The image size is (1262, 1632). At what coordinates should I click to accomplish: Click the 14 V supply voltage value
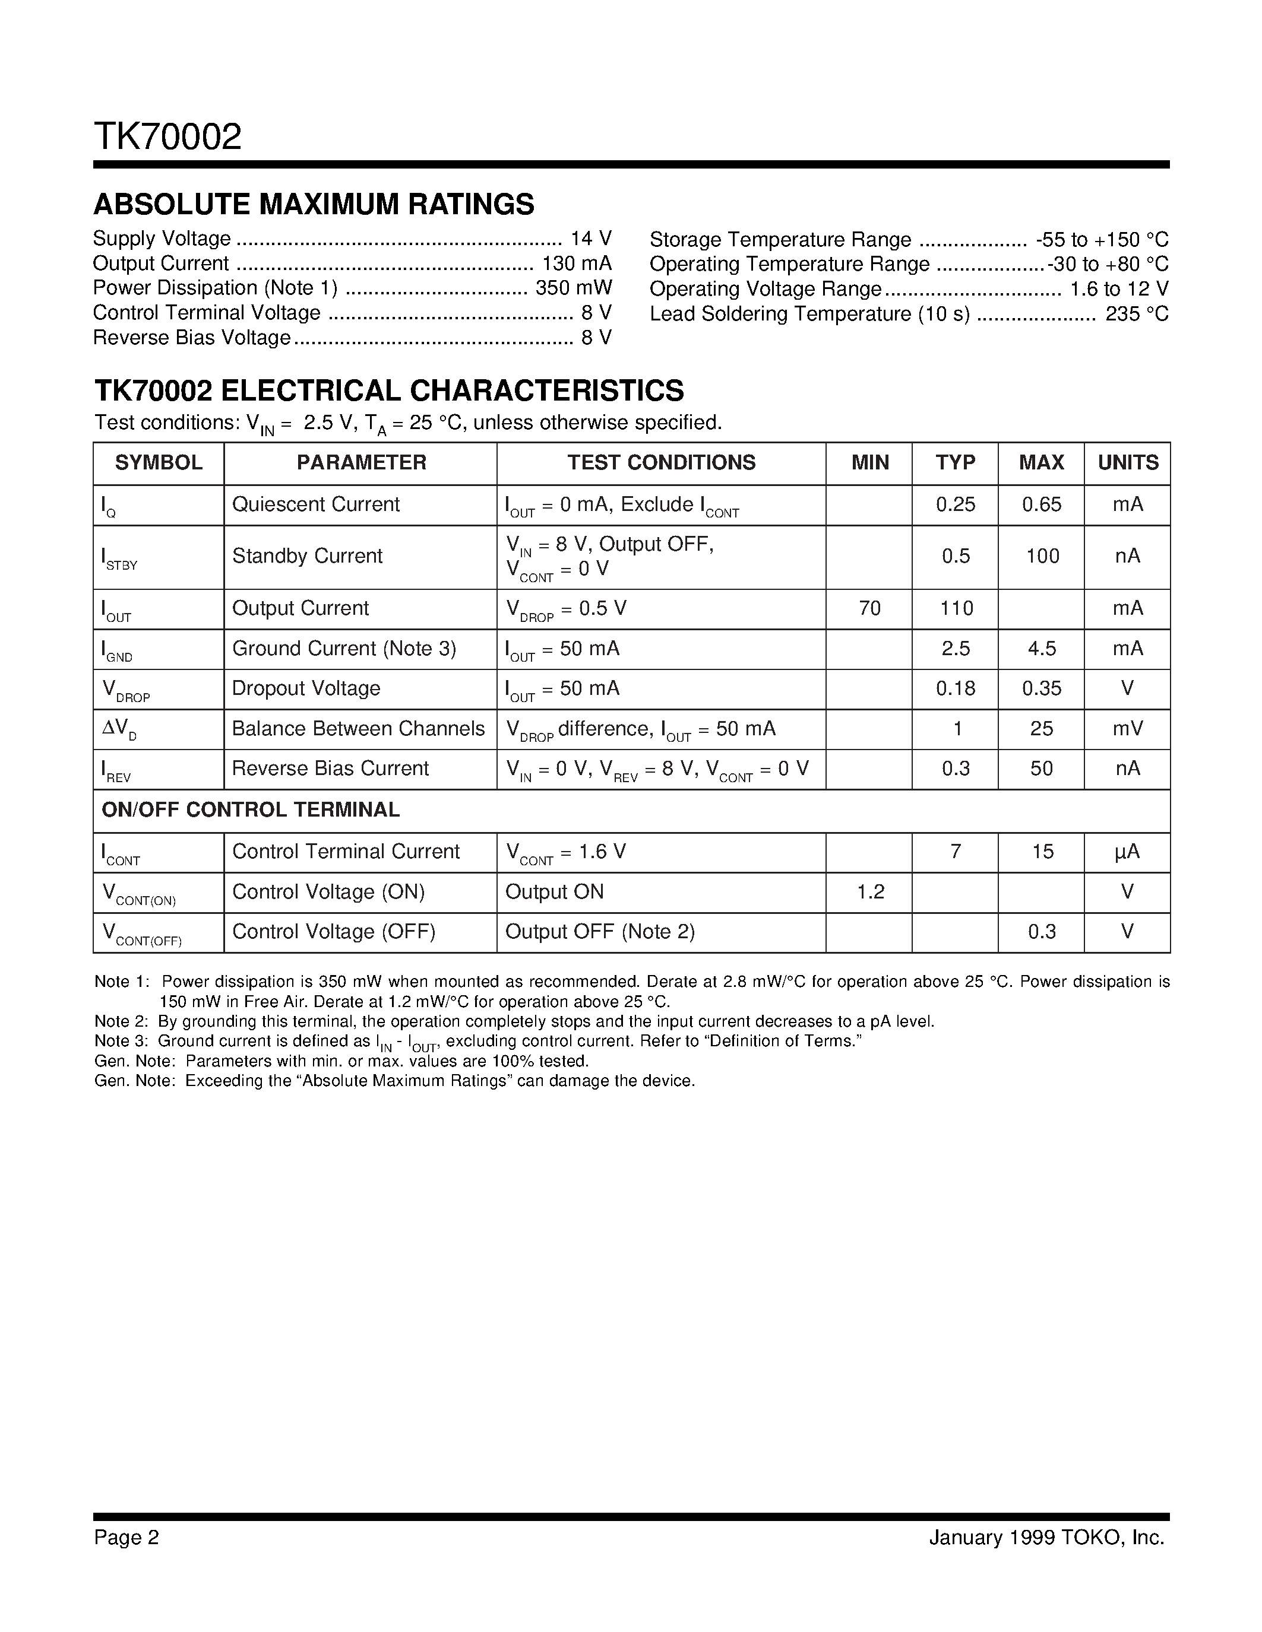point(591,239)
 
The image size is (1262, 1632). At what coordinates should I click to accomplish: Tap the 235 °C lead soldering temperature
point(1137,314)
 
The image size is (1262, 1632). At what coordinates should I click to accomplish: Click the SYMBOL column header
point(159,462)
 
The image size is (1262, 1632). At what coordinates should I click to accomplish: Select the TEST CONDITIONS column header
point(661,462)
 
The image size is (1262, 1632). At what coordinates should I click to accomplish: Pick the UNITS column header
point(1127,462)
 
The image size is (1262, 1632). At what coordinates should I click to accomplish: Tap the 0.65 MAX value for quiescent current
point(1042,504)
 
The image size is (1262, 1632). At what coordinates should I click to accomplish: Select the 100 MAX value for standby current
point(1042,556)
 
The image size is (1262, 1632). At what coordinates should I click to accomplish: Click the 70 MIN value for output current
point(869,608)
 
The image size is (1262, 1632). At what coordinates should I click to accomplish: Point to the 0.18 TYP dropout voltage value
point(956,688)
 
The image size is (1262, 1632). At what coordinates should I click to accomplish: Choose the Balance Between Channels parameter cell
point(358,729)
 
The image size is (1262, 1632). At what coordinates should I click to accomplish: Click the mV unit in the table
point(1127,729)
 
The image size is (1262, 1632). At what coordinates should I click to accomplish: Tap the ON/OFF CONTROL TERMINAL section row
point(251,810)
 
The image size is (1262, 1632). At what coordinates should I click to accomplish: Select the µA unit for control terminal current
point(1127,852)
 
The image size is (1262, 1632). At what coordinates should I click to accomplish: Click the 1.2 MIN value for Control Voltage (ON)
point(870,892)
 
